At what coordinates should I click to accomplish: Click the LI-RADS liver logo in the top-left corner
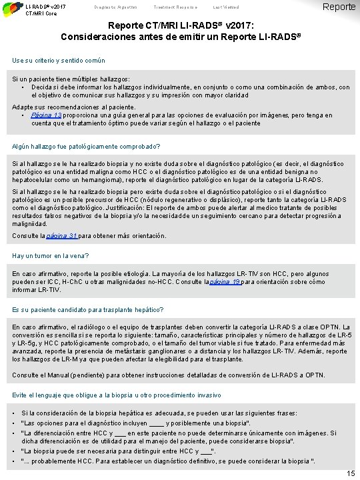[11, 8]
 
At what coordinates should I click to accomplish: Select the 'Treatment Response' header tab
[163, 6]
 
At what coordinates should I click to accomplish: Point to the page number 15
[351, 473]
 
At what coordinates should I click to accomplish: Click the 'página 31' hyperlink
[61, 236]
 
